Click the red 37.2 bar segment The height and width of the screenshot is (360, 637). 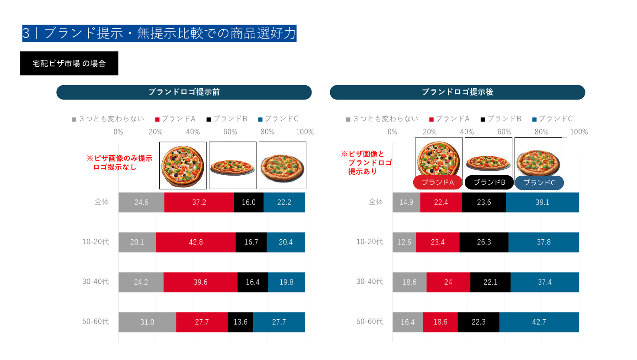point(199,202)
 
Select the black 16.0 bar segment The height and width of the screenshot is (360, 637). point(248,202)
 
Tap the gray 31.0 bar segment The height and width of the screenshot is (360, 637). point(147,322)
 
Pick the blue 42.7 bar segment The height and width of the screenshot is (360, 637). point(539,322)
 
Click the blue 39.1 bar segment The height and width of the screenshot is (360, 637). point(542,202)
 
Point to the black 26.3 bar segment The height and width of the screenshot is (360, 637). point(484,242)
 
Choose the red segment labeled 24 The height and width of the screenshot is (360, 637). point(448,282)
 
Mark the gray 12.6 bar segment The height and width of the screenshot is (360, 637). point(404,242)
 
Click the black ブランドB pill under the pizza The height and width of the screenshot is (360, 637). point(489,182)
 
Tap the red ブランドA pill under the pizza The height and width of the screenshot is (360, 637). point(438,182)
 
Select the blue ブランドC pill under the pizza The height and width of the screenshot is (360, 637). point(539,183)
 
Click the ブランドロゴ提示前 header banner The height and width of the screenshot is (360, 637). point(184,92)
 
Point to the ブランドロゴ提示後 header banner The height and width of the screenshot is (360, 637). point(457,92)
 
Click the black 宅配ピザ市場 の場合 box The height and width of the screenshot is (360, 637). point(69,64)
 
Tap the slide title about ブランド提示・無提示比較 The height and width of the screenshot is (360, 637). point(159,33)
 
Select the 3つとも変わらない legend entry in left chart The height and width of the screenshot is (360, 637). point(108,119)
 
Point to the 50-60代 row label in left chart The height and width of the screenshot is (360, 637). point(96,322)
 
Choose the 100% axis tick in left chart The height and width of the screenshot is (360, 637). point(305,132)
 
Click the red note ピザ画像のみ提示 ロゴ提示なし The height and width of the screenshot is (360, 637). point(119,163)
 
